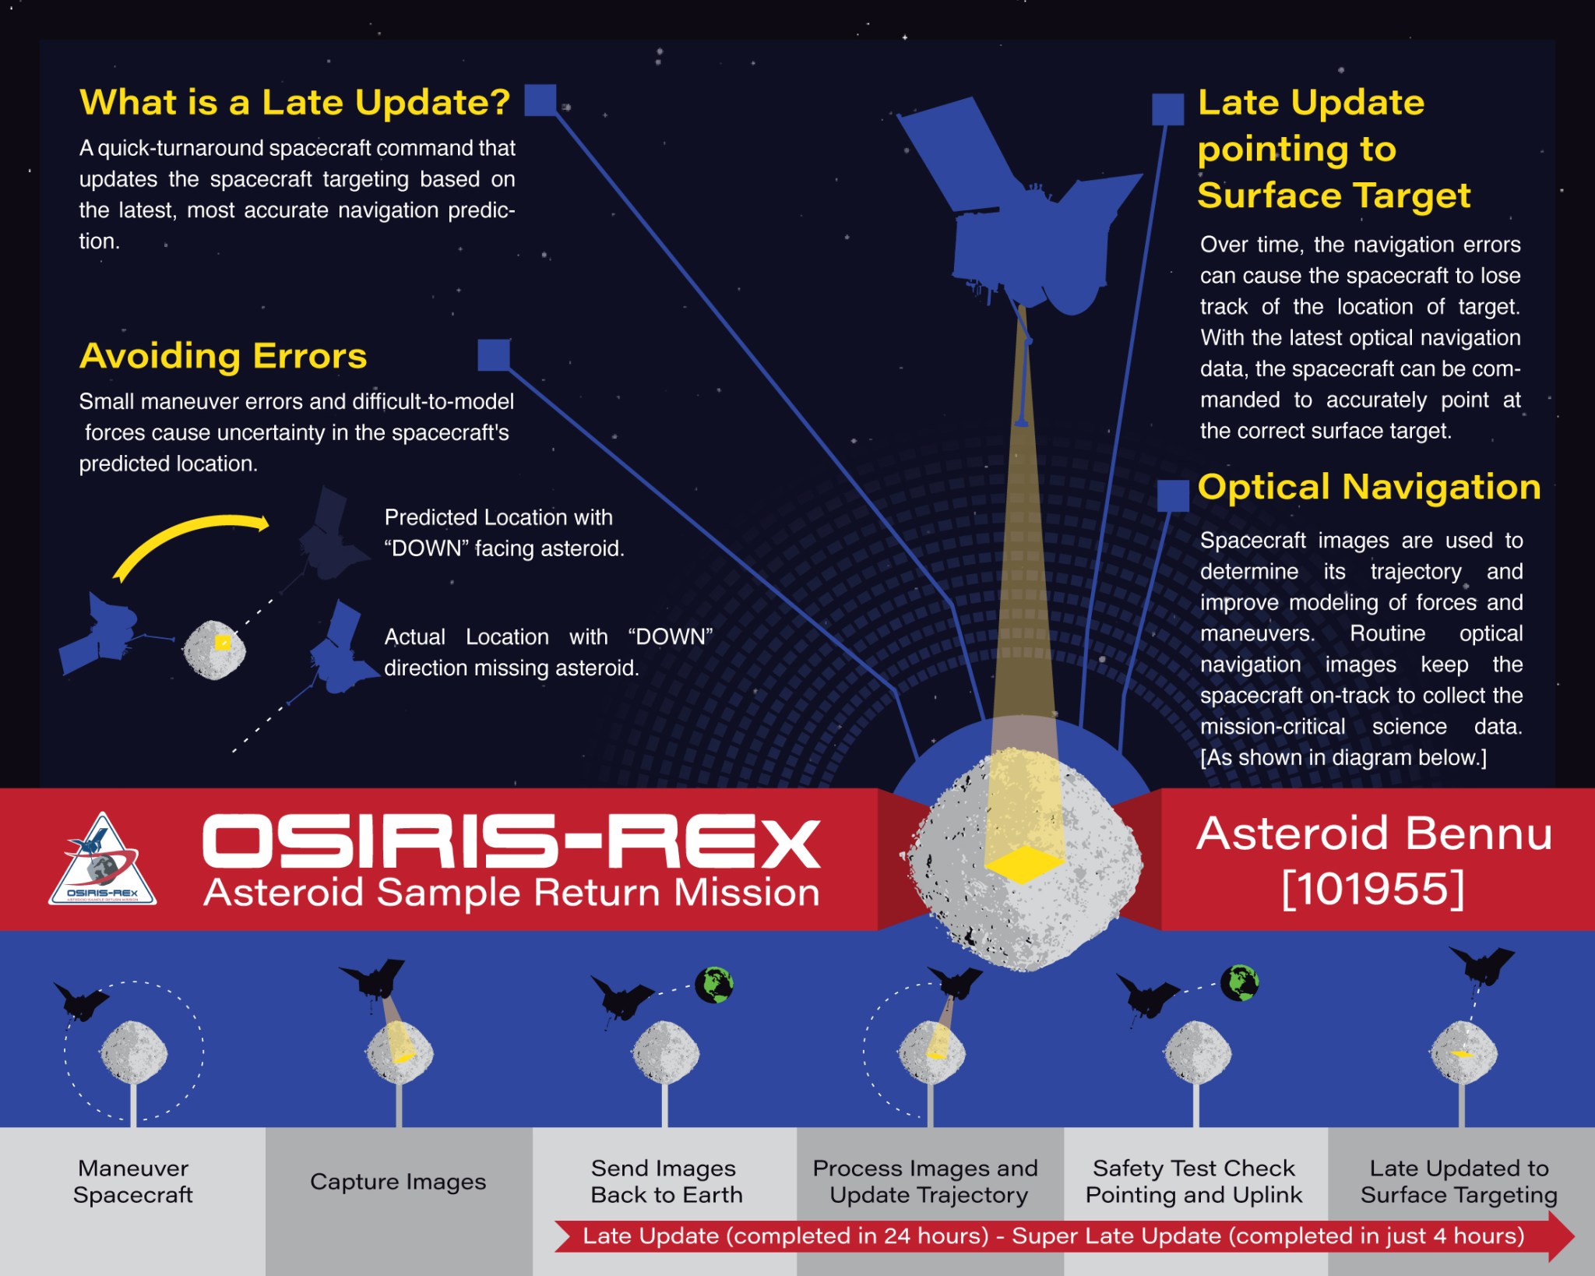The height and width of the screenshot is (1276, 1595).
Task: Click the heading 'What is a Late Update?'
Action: point(294,102)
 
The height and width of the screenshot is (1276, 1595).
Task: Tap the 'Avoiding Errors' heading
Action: point(223,356)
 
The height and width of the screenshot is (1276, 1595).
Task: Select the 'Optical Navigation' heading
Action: point(1369,487)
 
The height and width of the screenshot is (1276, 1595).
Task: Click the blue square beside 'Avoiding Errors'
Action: point(494,354)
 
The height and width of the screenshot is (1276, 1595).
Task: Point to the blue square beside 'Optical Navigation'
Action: point(1173,495)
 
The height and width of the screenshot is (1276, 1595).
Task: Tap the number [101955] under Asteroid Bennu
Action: point(1373,888)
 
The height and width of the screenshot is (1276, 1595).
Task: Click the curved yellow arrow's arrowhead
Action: point(262,523)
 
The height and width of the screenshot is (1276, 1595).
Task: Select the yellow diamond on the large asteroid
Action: point(1023,864)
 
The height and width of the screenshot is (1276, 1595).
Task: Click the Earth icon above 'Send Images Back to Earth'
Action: point(714,985)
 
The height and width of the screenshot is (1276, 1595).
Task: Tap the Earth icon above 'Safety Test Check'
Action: point(1240,982)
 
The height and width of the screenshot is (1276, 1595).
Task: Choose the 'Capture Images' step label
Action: point(398,1182)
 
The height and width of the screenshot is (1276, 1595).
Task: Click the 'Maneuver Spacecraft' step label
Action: point(133,1181)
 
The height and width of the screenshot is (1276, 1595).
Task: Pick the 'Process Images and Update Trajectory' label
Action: point(926,1181)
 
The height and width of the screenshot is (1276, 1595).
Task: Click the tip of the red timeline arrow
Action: point(1575,1236)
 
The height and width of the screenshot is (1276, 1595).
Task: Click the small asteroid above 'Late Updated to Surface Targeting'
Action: point(1463,1052)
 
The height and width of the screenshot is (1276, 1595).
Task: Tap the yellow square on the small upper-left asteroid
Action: point(223,643)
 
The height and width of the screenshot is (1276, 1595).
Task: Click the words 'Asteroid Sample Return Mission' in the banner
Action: point(512,893)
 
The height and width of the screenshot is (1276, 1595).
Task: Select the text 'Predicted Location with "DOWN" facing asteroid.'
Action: point(505,533)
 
